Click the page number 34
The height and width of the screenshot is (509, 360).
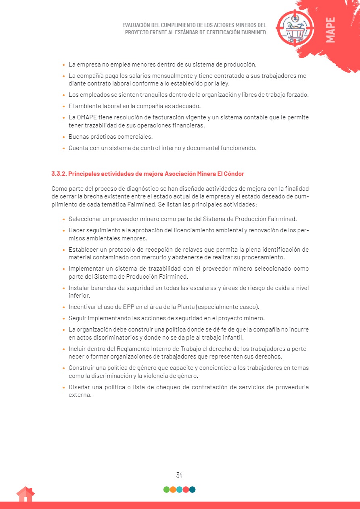180,475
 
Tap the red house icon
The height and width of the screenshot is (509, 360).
25,494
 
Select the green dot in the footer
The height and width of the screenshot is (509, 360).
166,490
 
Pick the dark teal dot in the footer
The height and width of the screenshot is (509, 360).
192,490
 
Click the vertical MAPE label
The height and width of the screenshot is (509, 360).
330,30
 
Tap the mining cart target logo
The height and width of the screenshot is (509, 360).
295,27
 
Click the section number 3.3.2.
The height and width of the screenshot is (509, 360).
59,174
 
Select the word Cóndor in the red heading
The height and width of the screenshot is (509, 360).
234,174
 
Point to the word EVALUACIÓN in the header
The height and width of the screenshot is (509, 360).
138,25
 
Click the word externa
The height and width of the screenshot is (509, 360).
80,395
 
